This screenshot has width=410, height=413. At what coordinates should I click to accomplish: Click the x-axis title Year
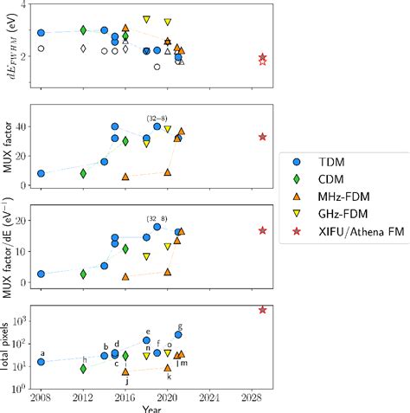(151, 407)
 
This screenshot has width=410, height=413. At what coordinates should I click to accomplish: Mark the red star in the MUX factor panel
(262, 137)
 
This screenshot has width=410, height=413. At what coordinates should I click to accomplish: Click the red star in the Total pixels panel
(262, 309)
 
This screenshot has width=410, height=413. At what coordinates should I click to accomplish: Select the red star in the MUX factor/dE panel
(262, 230)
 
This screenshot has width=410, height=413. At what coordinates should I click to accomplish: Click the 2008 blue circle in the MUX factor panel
(41, 173)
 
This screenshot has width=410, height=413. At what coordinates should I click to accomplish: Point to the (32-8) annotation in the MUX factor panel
(157, 118)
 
